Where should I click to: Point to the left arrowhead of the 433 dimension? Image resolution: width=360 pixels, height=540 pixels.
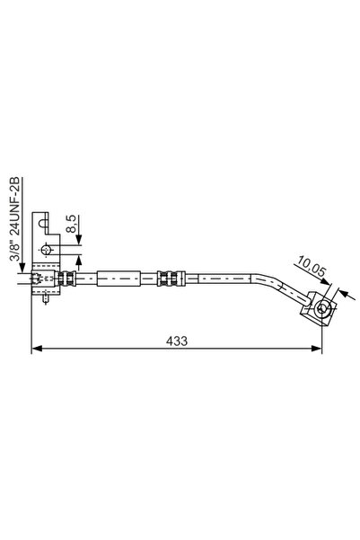pyautogui.click(x=36, y=350)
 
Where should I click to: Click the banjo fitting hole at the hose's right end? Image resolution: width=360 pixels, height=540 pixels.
pyautogui.click(x=320, y=310)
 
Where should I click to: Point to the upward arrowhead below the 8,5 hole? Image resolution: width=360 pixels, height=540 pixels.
pyautogui.click(x=80, y=259)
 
